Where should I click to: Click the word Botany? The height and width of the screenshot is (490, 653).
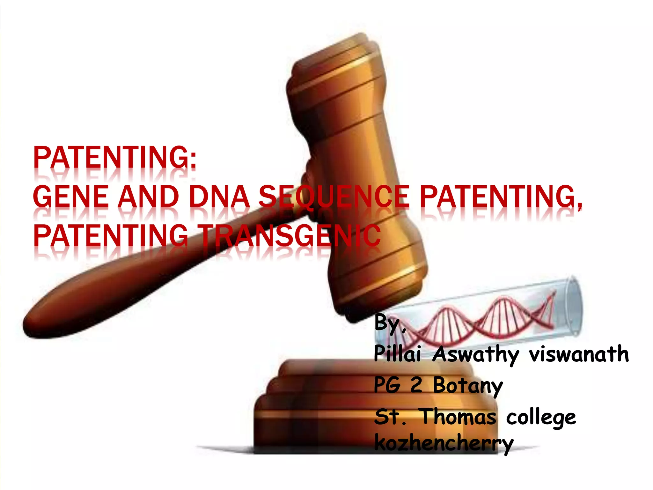(467, 386)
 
